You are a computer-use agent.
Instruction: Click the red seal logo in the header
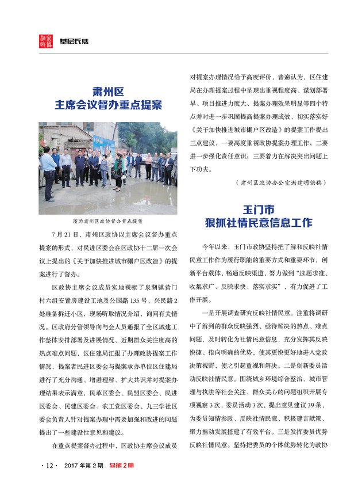click(x=46, y=41)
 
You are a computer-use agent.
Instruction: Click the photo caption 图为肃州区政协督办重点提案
click(x=108, y=221)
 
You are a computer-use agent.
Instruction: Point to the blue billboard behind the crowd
click(x=104, y=143)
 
